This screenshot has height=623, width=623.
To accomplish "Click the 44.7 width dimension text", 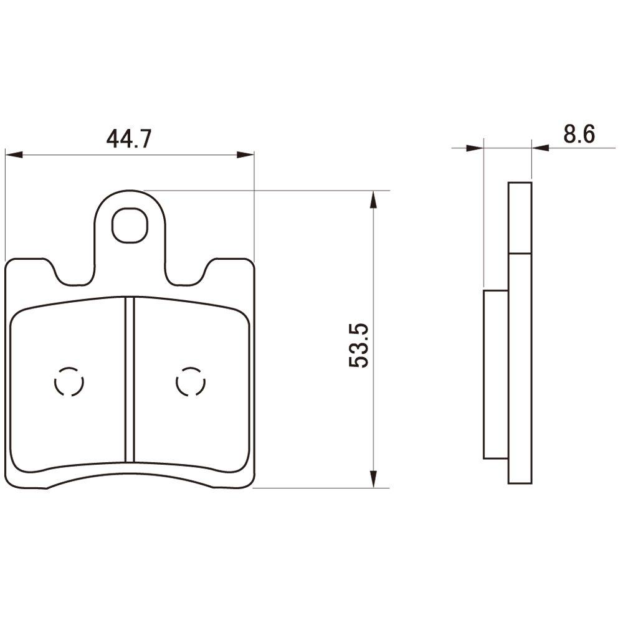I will [x=129, y=138].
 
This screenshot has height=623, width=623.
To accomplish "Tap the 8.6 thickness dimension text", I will [x=579, y=134].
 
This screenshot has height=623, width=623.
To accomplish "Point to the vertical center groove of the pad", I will [x=130, y=380].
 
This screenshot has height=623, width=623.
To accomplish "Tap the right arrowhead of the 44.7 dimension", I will [x=246, y=155].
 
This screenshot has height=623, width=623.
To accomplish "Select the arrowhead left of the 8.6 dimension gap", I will [x=475, y=148].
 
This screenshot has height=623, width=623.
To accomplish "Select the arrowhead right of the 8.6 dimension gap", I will [x=540, y=148].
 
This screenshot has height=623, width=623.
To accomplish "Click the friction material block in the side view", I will [x=496, y=374].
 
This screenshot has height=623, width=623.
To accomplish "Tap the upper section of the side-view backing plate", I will [x=520, y=218].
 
